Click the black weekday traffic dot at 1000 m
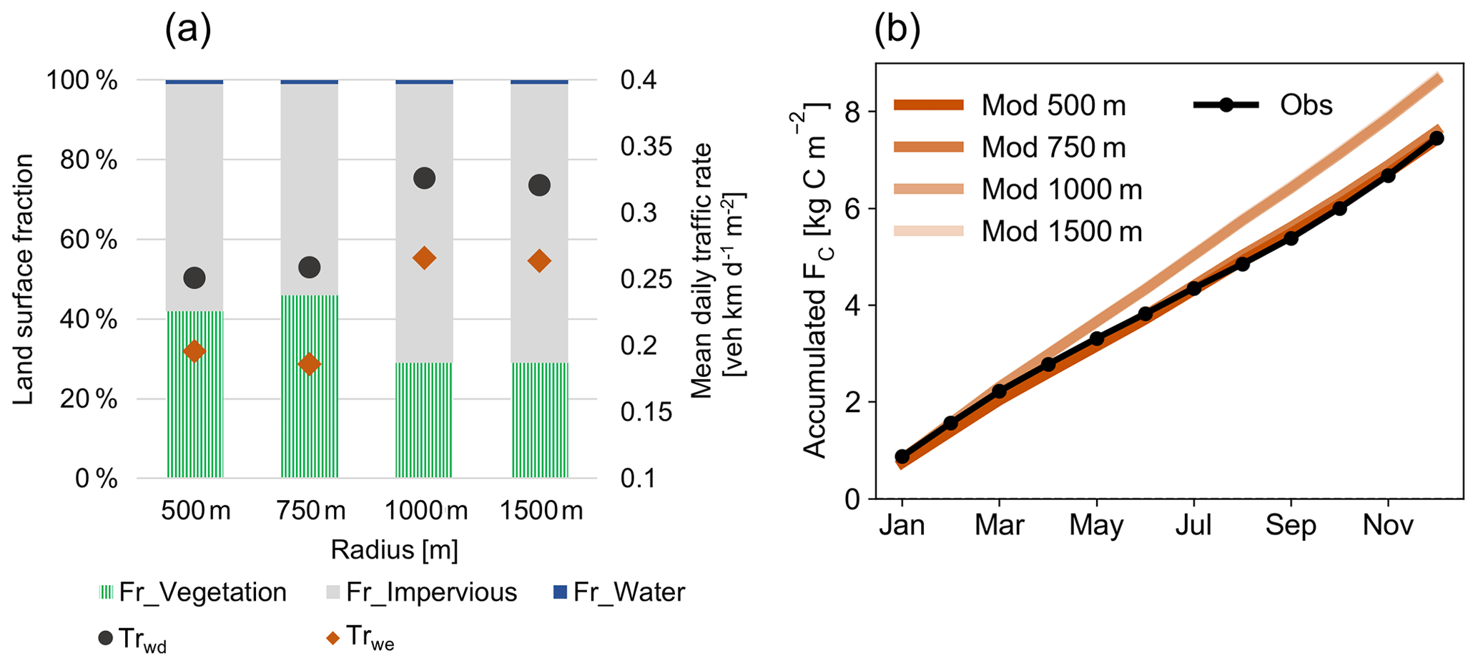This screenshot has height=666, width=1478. coord(424,178)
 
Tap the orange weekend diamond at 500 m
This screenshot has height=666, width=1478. coord(194,351)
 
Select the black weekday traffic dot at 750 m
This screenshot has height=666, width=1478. coord(309,268)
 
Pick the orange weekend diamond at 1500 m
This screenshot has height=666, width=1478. coord(539,261)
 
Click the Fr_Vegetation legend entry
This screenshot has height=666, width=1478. coord(193,592)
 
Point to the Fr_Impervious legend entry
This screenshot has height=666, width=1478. coord(422,592)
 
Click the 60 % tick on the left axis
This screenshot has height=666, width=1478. coord(96,240)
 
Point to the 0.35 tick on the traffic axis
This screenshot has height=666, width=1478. coord(646,147)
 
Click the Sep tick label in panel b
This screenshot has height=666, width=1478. coord(1291,526)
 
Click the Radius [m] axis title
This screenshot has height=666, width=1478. coord(394,550)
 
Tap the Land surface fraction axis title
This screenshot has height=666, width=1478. coord(24,279)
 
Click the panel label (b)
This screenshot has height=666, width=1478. coord(897,29)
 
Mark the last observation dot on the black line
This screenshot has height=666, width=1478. coord(1437,138)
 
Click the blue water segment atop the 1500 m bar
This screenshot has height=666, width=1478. coord(539,82)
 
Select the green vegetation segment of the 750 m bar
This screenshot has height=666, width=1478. coord(309,386)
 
